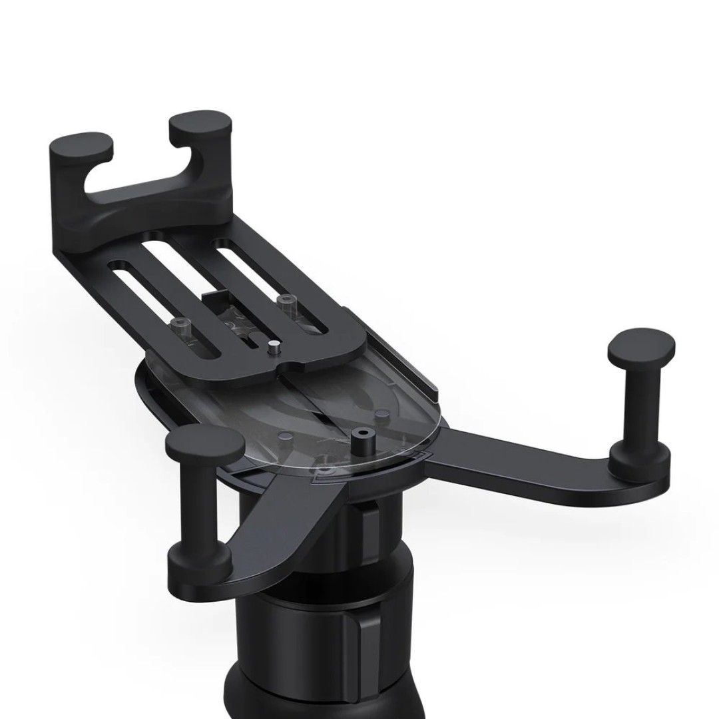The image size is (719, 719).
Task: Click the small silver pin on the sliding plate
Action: pyautogui.click(x=272, y=348)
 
